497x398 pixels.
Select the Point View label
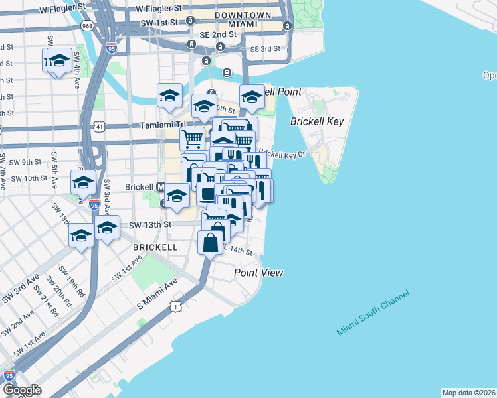click(258, 273)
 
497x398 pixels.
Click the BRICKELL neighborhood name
click(155, 247)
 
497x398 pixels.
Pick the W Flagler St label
click(62, 10)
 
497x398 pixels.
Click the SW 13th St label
click(150, 225)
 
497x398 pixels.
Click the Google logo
click(22, 390)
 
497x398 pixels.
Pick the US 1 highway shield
click(175, 306)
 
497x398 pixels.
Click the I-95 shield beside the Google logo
click(9, 375)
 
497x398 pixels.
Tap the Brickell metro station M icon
click(160, 188)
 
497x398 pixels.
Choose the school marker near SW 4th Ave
click(58, 61)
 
